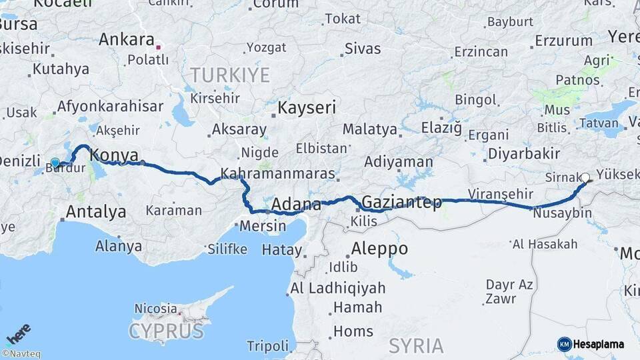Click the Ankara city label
coord(127,39)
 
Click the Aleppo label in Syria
coord(379,249)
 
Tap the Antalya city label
coord(96,213)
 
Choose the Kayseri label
coord(307,107)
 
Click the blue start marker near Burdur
coord(55,162)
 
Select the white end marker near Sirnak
coord(585,177)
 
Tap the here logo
coord(18,333)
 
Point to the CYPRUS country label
coord(165,331)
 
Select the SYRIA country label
coord(416,345)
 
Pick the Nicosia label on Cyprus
coord(156,309)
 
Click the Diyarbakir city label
coord(523,154)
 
